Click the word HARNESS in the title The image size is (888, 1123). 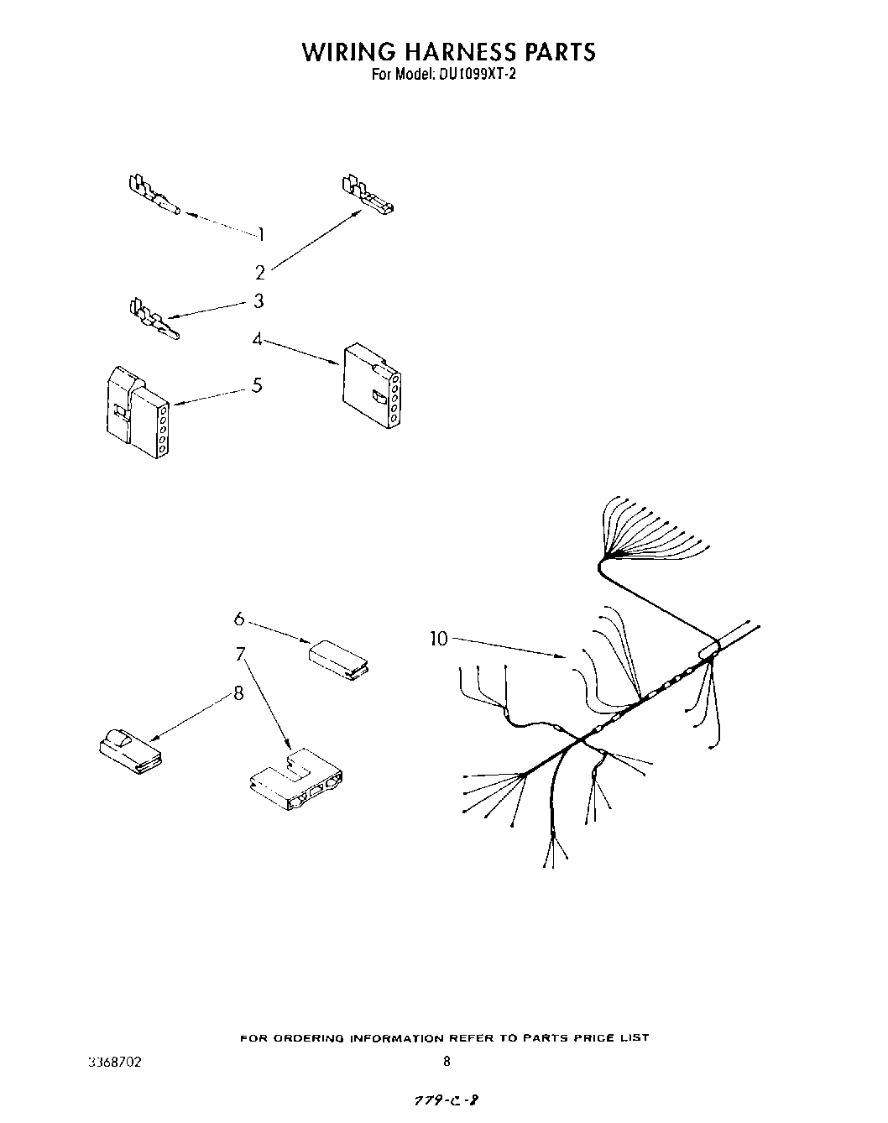(451, 51)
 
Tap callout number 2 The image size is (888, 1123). (260, 272)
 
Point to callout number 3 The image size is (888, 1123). (259, 300)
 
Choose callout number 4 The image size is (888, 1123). (258, 339)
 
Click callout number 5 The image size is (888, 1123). (257, 385)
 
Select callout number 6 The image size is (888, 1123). (239, 619)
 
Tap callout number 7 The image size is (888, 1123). (241, 654)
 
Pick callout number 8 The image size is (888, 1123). (238, 693)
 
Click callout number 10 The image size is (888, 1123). (439, 639)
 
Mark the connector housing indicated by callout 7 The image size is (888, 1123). (299, 781)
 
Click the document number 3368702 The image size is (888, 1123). (115, 1062)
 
